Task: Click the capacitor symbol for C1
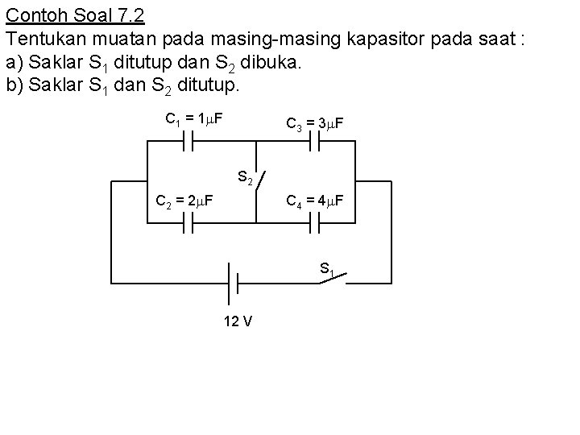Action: click(x=190, y=142)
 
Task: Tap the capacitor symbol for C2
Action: click(x=190, y=227)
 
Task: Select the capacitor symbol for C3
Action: click(x=315, y=142)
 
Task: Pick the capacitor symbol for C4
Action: click(x=315, y=227)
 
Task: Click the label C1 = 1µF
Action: click(x=194, y=120)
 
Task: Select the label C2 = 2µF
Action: click(x=184, y=199)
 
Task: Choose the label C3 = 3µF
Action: click(x=316, y=124)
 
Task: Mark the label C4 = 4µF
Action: click(x=316, y=199)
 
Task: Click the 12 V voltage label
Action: click(x=238, y=321)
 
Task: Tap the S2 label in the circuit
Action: click(x=245, y=176)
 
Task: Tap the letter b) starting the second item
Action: click(x=13, y=84)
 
